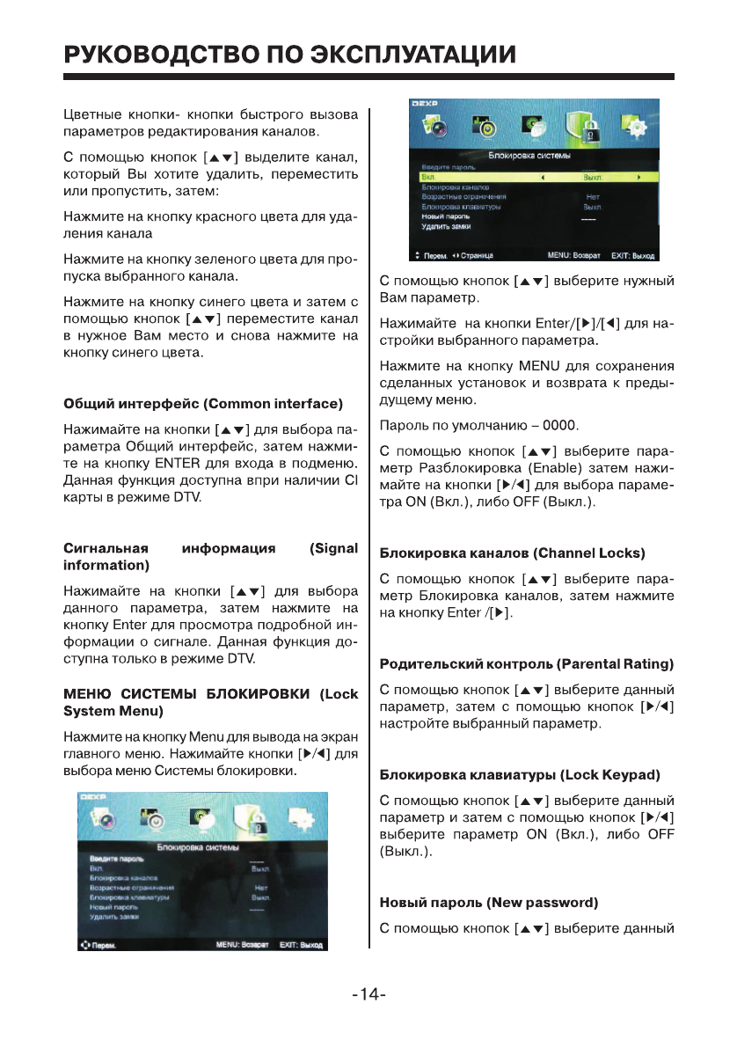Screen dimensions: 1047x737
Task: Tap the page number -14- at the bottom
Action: (x=368, y=995)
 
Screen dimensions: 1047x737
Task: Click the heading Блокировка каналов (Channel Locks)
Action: (x=512, y=553)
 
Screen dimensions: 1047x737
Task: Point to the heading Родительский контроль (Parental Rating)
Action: (x=526, y=663)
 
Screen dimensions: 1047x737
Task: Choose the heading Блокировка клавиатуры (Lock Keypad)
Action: (x=519, y=774)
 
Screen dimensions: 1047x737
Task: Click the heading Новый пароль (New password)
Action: (x=488, y=903)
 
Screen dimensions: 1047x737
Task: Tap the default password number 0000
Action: (x=559, y=427)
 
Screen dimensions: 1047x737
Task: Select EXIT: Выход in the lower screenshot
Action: (x=301, y=945)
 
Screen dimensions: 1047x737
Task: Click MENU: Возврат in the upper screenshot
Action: (x=573, y=256)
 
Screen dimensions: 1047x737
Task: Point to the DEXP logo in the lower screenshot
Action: (x=93, y=795)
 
